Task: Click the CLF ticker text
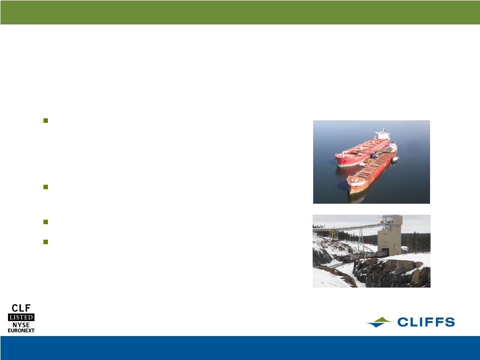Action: click(x=21, y=308)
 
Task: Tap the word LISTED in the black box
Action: click(x=21, y=317)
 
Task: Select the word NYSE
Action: click(x=21, y=325)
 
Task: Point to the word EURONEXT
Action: click(x=21, y=331)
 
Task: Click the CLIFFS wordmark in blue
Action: click(x=426, y=322)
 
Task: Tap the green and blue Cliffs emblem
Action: click(x=379, y=322)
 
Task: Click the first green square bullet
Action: click(x=45, y=121)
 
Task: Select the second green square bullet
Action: click(x=45, y=187)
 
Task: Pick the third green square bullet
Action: click(x=45, y=222)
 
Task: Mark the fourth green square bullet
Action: click(x=45, y=242)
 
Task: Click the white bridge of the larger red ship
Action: click(x=383, y=134)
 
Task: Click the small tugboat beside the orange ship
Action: click(x=395, y=159)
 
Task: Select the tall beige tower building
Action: click(x=390, y=235)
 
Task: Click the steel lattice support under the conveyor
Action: click(x=361, y=240)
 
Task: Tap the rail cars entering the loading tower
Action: click(x=364, y=256)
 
